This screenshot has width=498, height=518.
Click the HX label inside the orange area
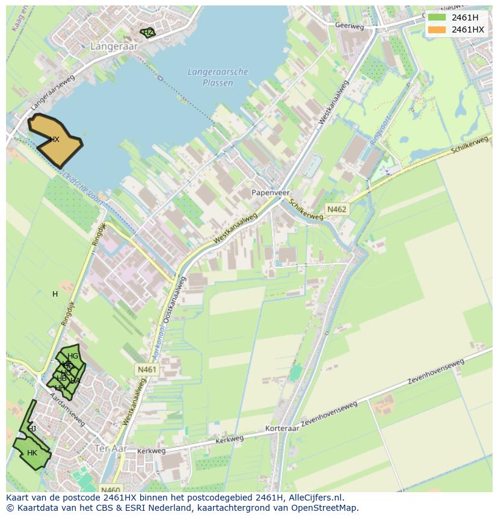pos(54,140)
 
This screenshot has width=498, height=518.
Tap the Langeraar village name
pos(114,46)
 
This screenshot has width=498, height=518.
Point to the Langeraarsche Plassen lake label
pos(218,77)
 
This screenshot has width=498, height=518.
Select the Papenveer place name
pos(267,193)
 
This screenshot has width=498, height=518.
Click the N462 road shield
pos(336,209)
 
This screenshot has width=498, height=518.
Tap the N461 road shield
pos(147,369)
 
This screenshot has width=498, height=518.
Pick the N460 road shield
pos(111,490)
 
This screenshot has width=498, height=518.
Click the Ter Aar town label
pos(109,448)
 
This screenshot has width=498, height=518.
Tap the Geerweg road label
pos(350,26)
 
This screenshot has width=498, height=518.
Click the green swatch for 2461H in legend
pos(437,17)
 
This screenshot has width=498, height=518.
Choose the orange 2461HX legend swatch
pos(437,29)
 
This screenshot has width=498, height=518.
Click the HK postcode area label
pos(32,453)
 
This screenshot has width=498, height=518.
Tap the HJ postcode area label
pos(32,428)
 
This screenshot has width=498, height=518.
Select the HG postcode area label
pos(73,356)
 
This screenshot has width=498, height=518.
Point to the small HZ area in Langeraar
pos(148,32)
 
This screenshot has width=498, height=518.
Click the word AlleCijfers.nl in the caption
pos(315,498)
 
